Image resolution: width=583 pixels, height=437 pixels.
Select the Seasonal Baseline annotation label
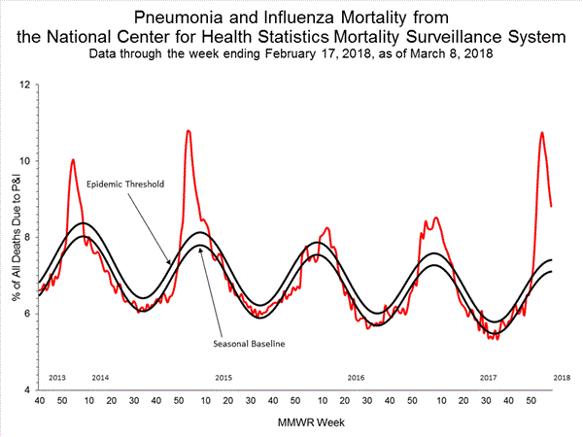[x=248, y=342]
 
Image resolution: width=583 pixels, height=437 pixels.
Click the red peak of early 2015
[x=188, y=130]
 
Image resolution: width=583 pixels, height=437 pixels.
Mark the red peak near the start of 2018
[x=541, y=132]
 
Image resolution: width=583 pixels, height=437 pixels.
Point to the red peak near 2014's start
[x=73, y=159]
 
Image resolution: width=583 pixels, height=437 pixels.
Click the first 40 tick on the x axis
[x=39, y=400]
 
